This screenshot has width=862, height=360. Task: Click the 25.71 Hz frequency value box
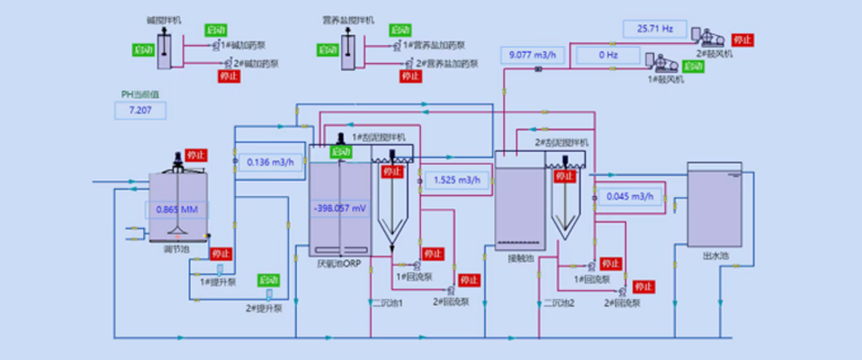click(x=655, y=29)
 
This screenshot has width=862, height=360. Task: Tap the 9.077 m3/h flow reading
click(x=533, y=55)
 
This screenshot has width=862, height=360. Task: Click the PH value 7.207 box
click(x=141, y=110)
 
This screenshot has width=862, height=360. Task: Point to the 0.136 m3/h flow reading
click(x=270, y=162)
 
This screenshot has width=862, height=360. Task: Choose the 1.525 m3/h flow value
click(x=456, y=180)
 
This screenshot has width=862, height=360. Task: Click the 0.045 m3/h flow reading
click(x=630, y=196)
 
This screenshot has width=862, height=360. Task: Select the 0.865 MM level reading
click(x=176, y=210)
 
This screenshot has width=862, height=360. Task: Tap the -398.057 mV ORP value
click(x=340, y=209)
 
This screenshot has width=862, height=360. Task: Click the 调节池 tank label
click(x=176, y=249)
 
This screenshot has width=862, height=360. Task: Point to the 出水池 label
click(x=715, y=256)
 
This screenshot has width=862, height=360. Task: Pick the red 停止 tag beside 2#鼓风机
click(x=743, y=40)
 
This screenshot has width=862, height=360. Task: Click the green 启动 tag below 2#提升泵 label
click(x=268, y=280)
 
